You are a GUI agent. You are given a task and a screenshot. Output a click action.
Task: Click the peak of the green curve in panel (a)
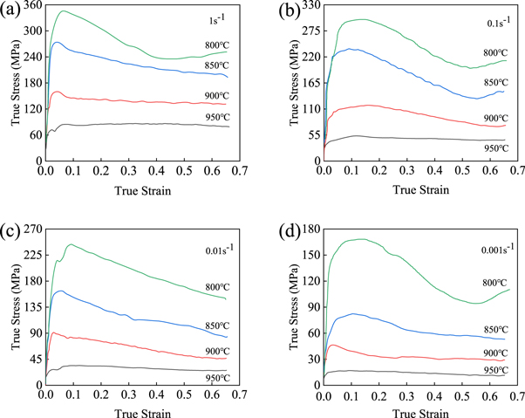63,11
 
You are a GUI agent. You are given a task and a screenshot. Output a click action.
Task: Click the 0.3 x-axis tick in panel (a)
129,173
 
